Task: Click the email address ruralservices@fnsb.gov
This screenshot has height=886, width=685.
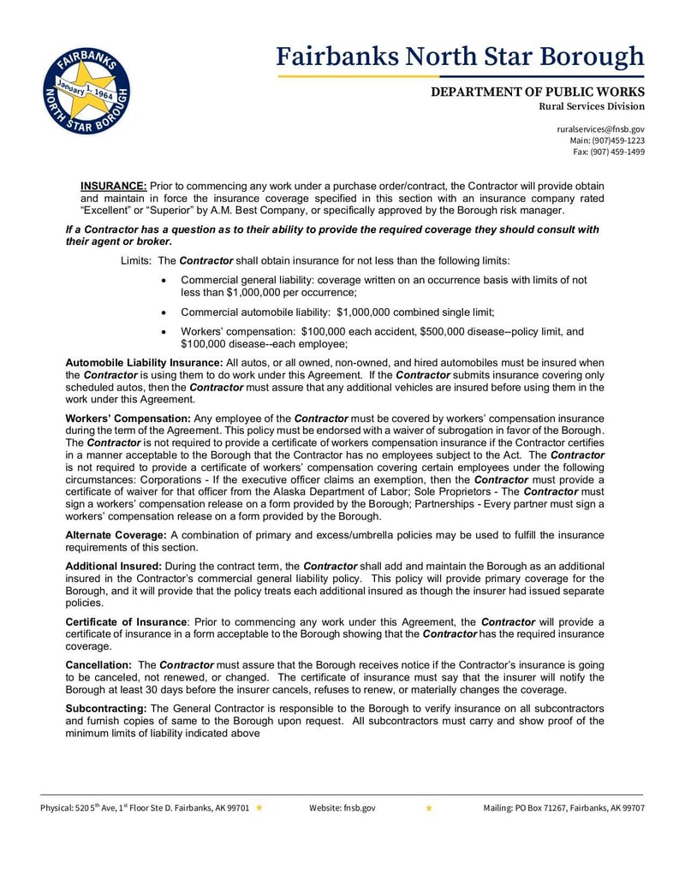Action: point(600,128)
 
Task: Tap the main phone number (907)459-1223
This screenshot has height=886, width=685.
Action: point(618,140)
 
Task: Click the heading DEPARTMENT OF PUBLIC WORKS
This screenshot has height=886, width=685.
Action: point(537,92)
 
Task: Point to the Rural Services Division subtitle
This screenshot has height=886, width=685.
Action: point(591,107)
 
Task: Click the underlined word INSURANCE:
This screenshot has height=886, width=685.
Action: point(114,186)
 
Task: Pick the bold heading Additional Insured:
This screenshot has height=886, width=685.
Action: point(114,567)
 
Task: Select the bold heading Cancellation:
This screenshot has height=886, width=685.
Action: point(98,665)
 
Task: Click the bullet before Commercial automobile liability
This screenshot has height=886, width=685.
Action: point(164,312)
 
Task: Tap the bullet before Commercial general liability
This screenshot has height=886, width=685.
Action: point(164,281)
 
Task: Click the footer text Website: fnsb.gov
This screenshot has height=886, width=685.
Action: point(342,807)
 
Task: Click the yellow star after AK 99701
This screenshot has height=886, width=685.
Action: point(259,807)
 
